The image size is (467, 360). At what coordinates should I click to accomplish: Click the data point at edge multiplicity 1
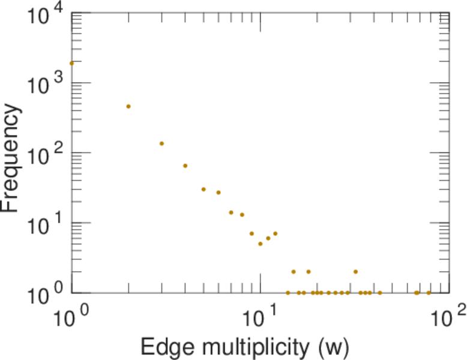click(71, 63)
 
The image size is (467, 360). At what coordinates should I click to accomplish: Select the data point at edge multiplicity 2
click(128, 106)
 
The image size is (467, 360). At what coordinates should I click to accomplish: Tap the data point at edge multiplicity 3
click(161, 143)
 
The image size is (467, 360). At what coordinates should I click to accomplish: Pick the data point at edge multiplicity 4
click(185, 166)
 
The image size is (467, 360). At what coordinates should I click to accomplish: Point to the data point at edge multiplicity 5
click(203, 189)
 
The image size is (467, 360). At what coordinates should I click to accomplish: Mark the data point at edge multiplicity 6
click(218, 193)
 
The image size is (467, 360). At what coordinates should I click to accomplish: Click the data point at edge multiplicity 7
click(231, 212)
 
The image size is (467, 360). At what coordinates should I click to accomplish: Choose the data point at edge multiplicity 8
click(242, 215)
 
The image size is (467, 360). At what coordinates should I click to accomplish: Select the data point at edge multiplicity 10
click(261, 244)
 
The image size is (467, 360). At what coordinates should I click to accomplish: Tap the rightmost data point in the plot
click(429, 293)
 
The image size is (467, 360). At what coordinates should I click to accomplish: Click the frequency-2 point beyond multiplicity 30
click(355, 272)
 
